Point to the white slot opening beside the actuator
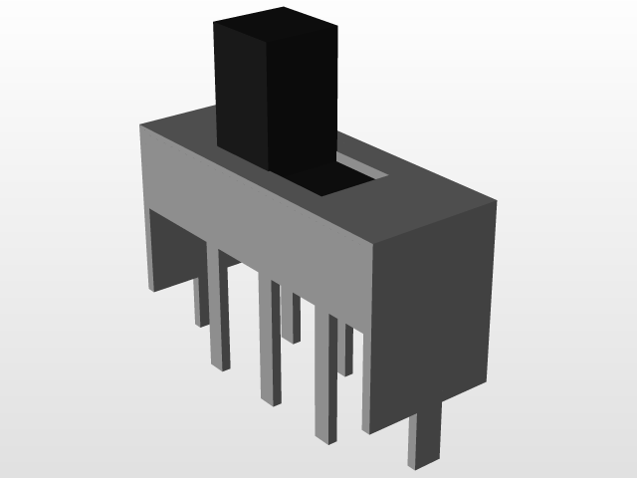[x=363, y=168]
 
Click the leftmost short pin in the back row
[x=200, y=299]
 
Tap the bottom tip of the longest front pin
[x=326, y=436]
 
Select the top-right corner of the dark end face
[x=495, y=203]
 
